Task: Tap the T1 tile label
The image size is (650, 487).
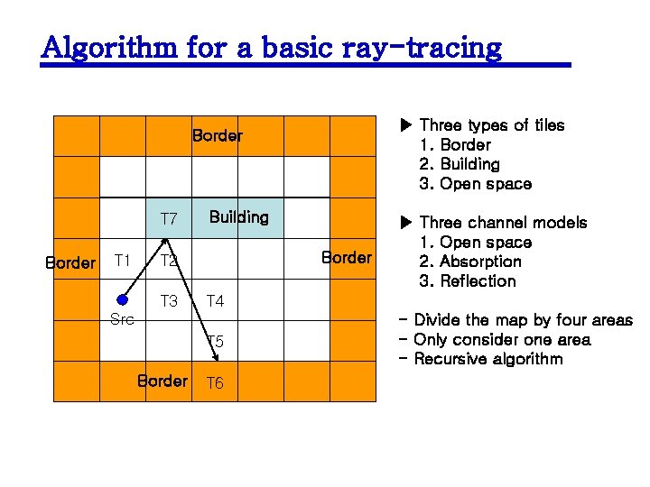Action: click(x=123, y=261)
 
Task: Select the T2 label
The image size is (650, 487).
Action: click(x=168, y=262)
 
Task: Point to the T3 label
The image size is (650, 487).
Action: click(x=169, y=301)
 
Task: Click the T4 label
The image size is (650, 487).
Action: click(x=215, y=301)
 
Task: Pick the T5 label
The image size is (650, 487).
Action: click(x=215, y=341)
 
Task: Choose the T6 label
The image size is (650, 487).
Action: click(x=215, y=383)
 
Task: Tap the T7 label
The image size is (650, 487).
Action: click(x=169, y=219)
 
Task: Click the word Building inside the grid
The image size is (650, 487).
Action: click(x=238, y=217)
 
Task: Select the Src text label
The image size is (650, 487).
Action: click(x=122, y=319)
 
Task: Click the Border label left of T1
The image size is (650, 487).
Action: click(x=70, y=263)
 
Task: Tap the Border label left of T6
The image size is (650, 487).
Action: click(x=162, y=381)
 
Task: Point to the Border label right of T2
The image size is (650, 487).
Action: click(x=347, y=258)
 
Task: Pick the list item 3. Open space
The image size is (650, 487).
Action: click(x=476, y=184)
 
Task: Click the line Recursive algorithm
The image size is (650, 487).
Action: click(x=487, y=359)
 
